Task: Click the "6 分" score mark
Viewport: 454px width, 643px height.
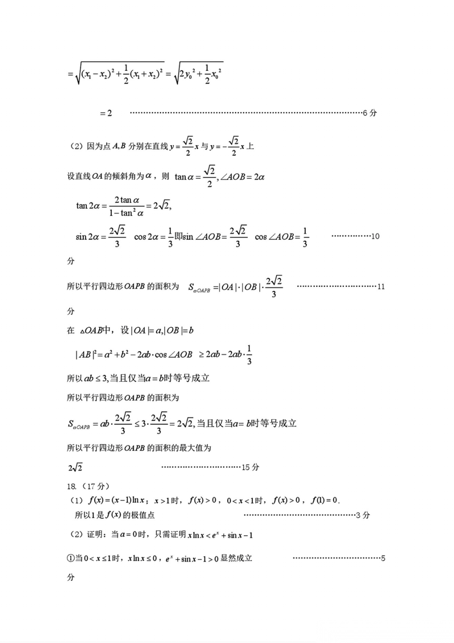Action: [x=370, y=113]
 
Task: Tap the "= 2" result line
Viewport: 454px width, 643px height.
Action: [x=106, y=113]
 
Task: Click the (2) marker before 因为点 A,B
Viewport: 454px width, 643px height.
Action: [x=76, y=147]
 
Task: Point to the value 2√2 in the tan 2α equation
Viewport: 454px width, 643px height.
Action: [x=161, y=206]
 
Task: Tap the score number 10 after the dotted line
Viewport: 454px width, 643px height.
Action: [x=375, y=236]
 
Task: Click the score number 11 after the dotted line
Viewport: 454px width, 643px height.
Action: [x=381, y=287]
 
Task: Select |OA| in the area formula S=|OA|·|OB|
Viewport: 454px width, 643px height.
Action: [x=227, y=287]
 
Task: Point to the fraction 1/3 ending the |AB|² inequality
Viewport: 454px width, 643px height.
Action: [x=249, y=355]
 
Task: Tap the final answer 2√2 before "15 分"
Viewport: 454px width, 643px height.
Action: [x=75, y=467]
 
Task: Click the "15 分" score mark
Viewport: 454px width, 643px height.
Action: [x=251, y=467]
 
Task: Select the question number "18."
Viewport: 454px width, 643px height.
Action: [x=71, y=486]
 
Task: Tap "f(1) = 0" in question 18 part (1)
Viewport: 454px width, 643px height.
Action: [x=324, y=501]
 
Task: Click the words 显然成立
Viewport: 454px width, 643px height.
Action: [x=236, y=558]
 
